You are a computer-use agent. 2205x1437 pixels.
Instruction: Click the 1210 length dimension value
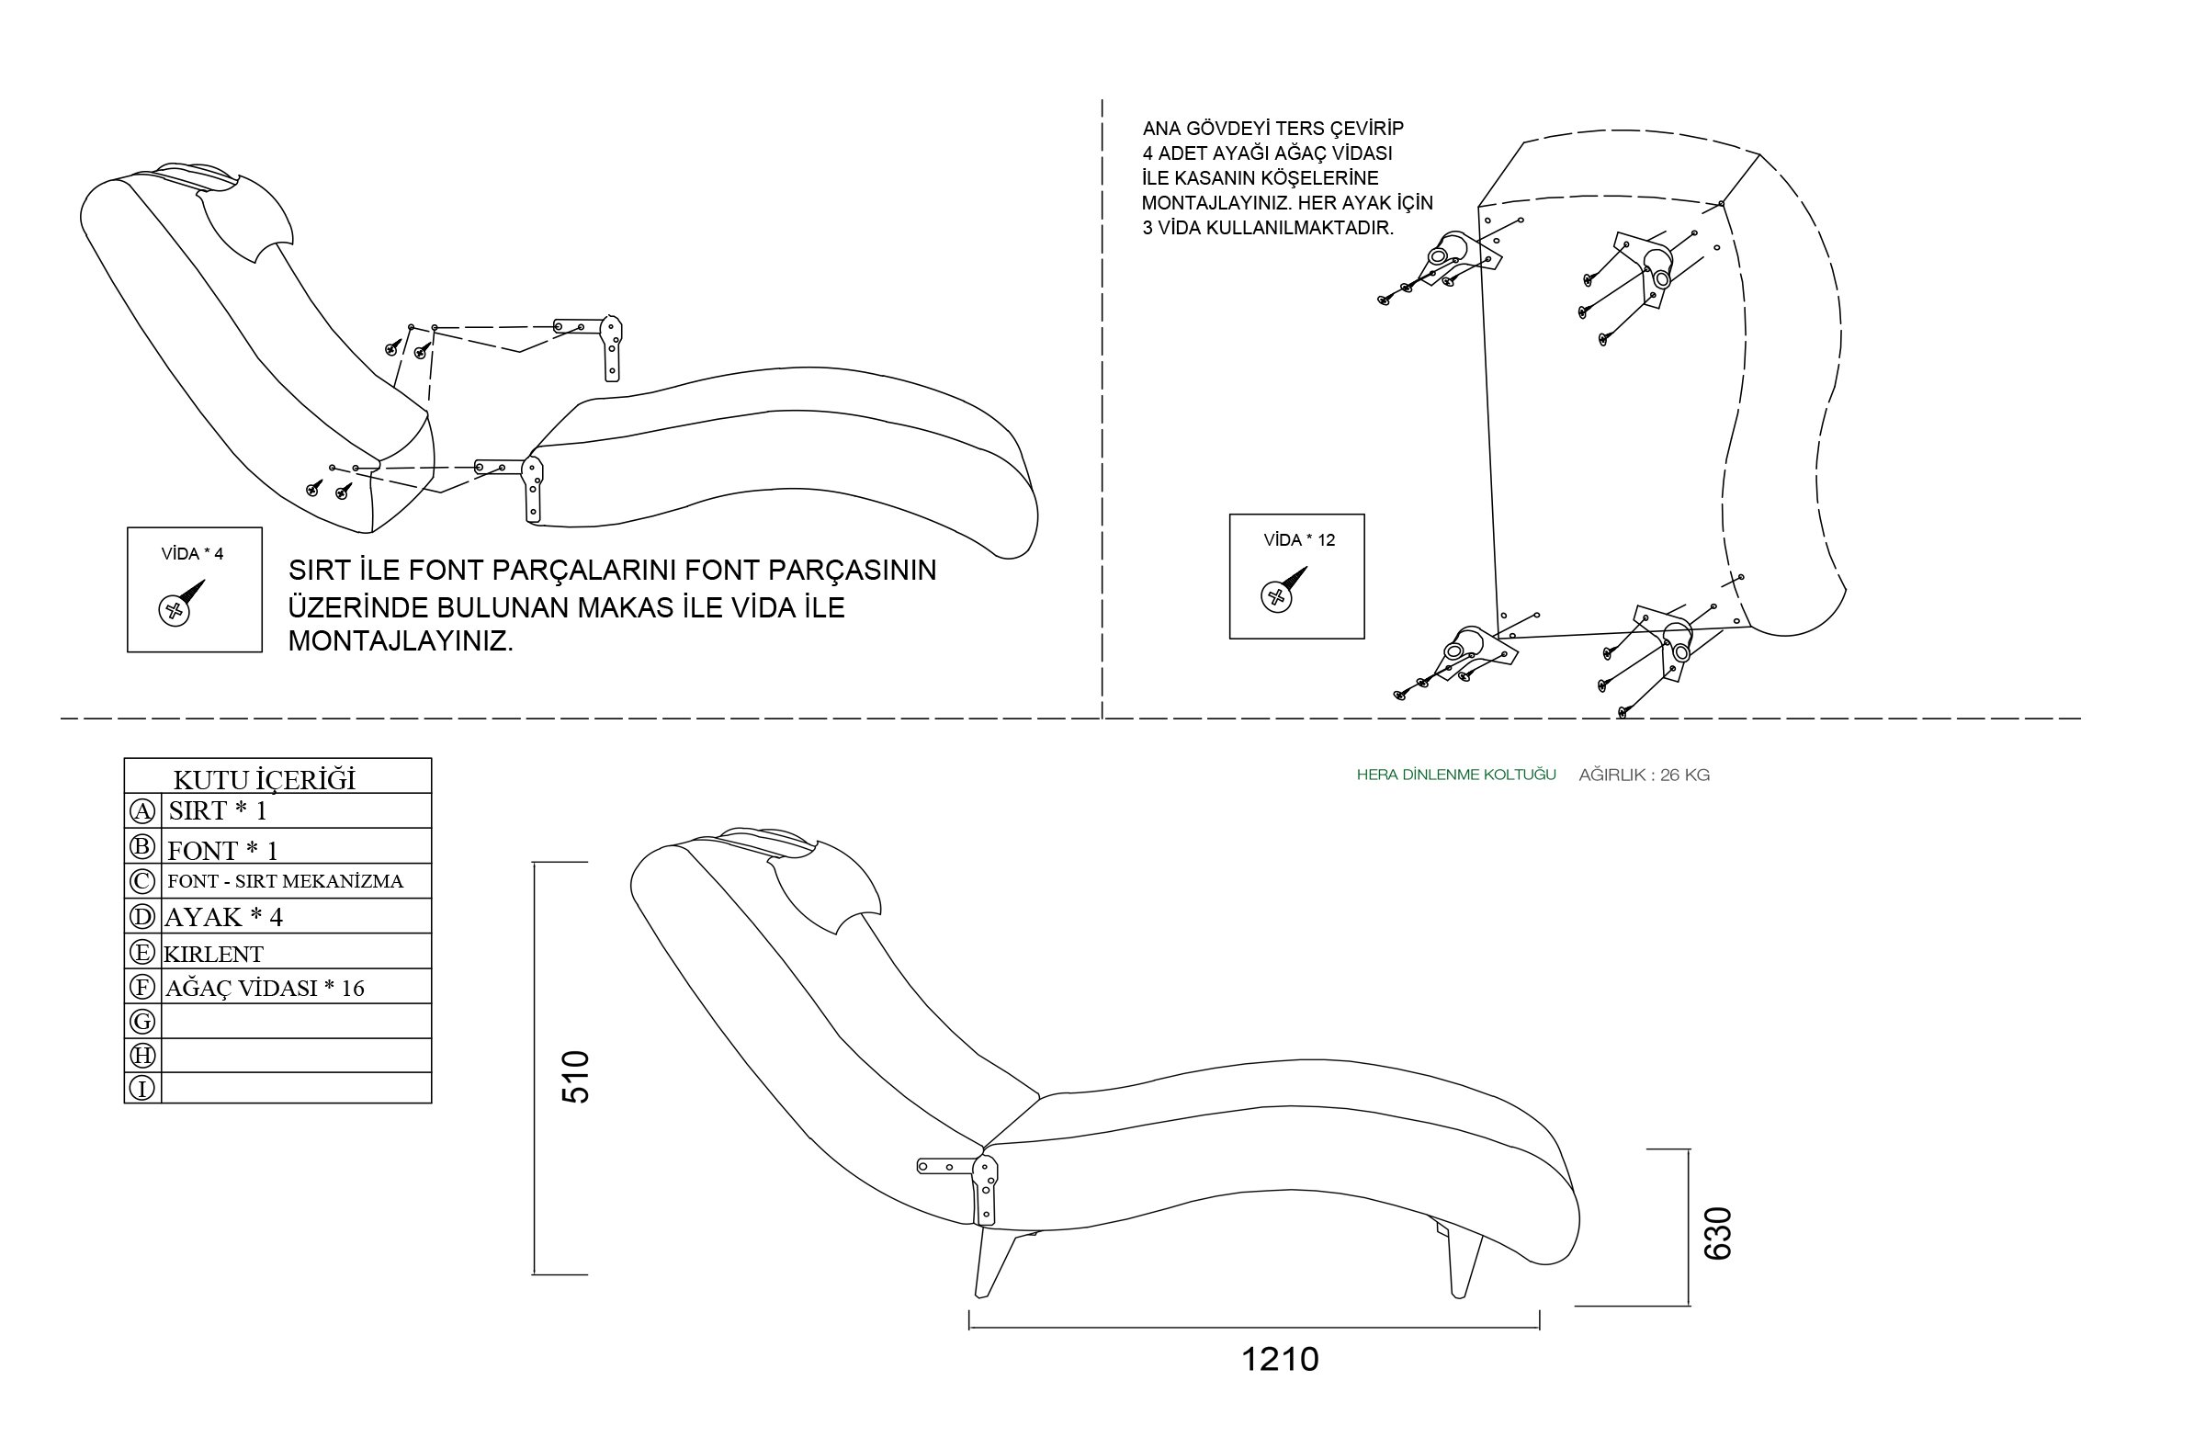[1279, 1359]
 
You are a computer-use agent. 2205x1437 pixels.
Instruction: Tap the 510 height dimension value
[575, 1077]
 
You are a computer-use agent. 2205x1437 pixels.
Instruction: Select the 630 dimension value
[1718, 1233]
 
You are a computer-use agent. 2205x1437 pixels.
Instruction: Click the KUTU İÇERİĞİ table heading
[264, 779]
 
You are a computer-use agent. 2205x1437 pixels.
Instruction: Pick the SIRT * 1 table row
[218, 810]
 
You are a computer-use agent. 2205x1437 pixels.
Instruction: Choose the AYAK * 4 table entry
[223, 917]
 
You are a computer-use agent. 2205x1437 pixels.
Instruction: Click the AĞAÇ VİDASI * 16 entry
[265, 989]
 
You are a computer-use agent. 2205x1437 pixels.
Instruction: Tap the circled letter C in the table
[141, 881]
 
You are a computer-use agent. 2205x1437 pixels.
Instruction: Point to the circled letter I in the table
[141, 1088]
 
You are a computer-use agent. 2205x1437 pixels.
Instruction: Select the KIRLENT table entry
[213, 955]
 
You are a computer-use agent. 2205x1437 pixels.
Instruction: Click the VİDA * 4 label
[193, 554]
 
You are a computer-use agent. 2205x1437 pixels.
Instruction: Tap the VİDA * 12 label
[1299, 540]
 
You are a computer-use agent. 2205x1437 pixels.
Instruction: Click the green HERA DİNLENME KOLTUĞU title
[1455, 775]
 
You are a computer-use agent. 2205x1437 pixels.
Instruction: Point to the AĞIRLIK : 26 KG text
[1644, 775]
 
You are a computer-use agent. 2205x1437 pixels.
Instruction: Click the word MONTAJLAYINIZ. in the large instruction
[401, 641]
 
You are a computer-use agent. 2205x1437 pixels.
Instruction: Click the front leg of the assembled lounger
[994, 1262]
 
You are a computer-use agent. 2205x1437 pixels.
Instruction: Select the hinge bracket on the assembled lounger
[984, 1188]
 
